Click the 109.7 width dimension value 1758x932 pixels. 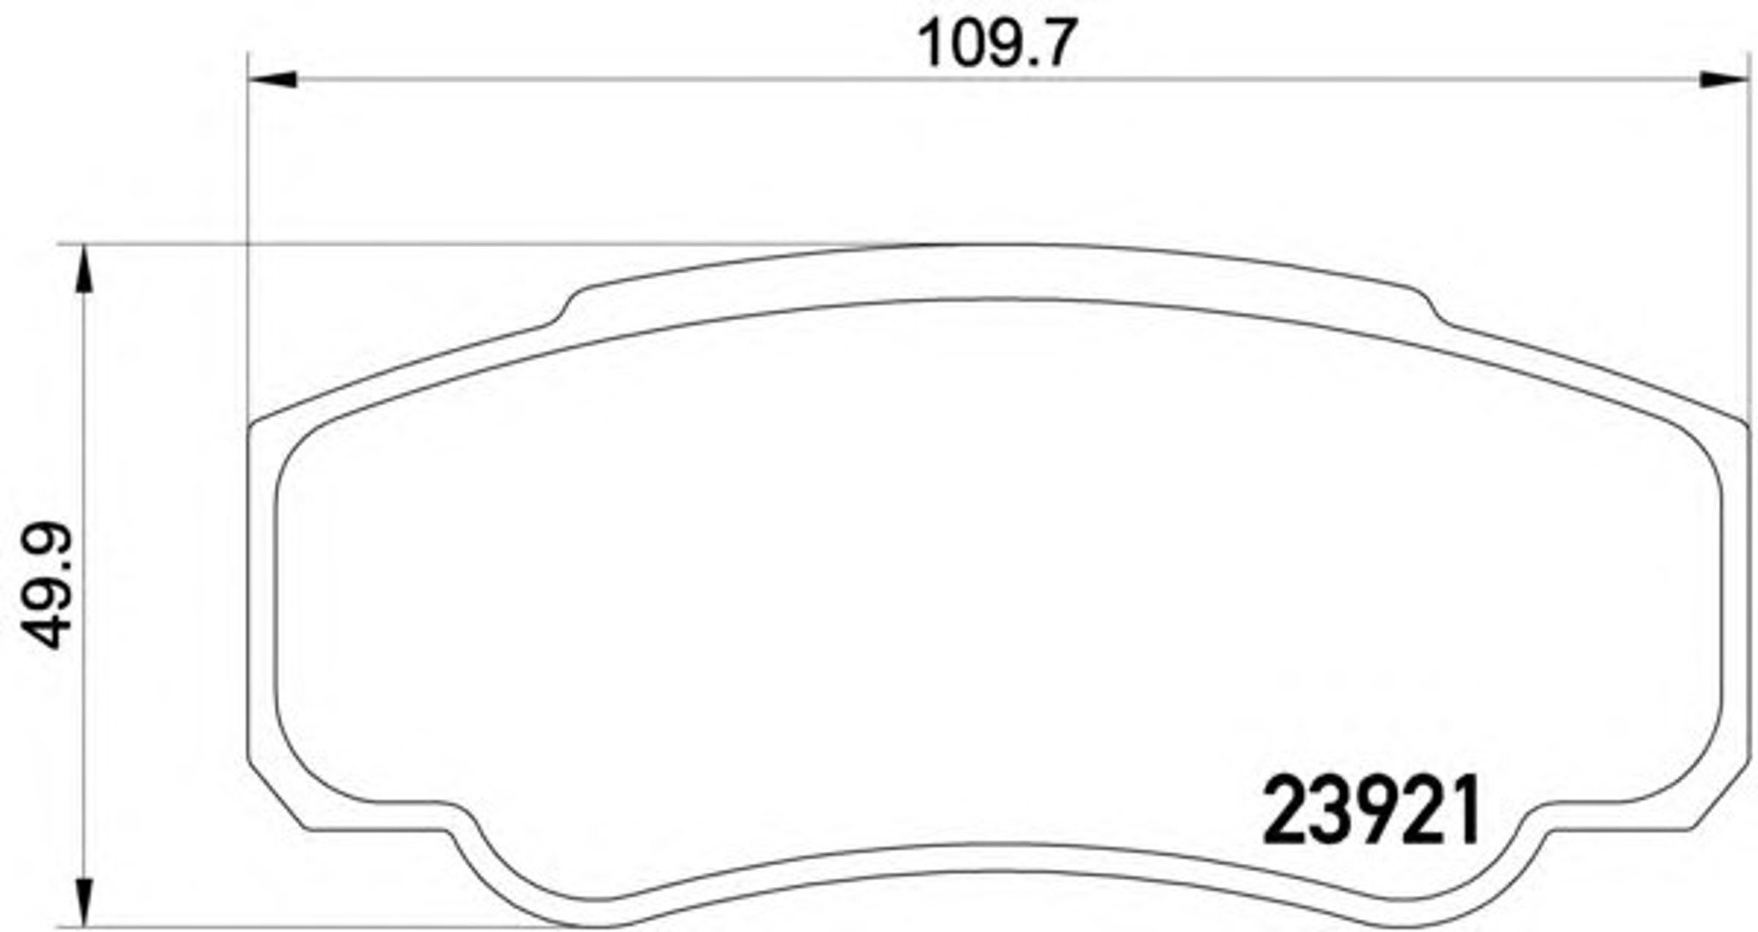click(x=998, y=43)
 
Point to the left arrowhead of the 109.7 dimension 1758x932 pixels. click(x=272, y=78)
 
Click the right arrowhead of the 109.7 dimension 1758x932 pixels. click(x=1724, y=78)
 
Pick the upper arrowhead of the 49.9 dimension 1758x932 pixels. click(x=86, y=268)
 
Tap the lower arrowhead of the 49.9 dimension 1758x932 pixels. click(x=86, y=903)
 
